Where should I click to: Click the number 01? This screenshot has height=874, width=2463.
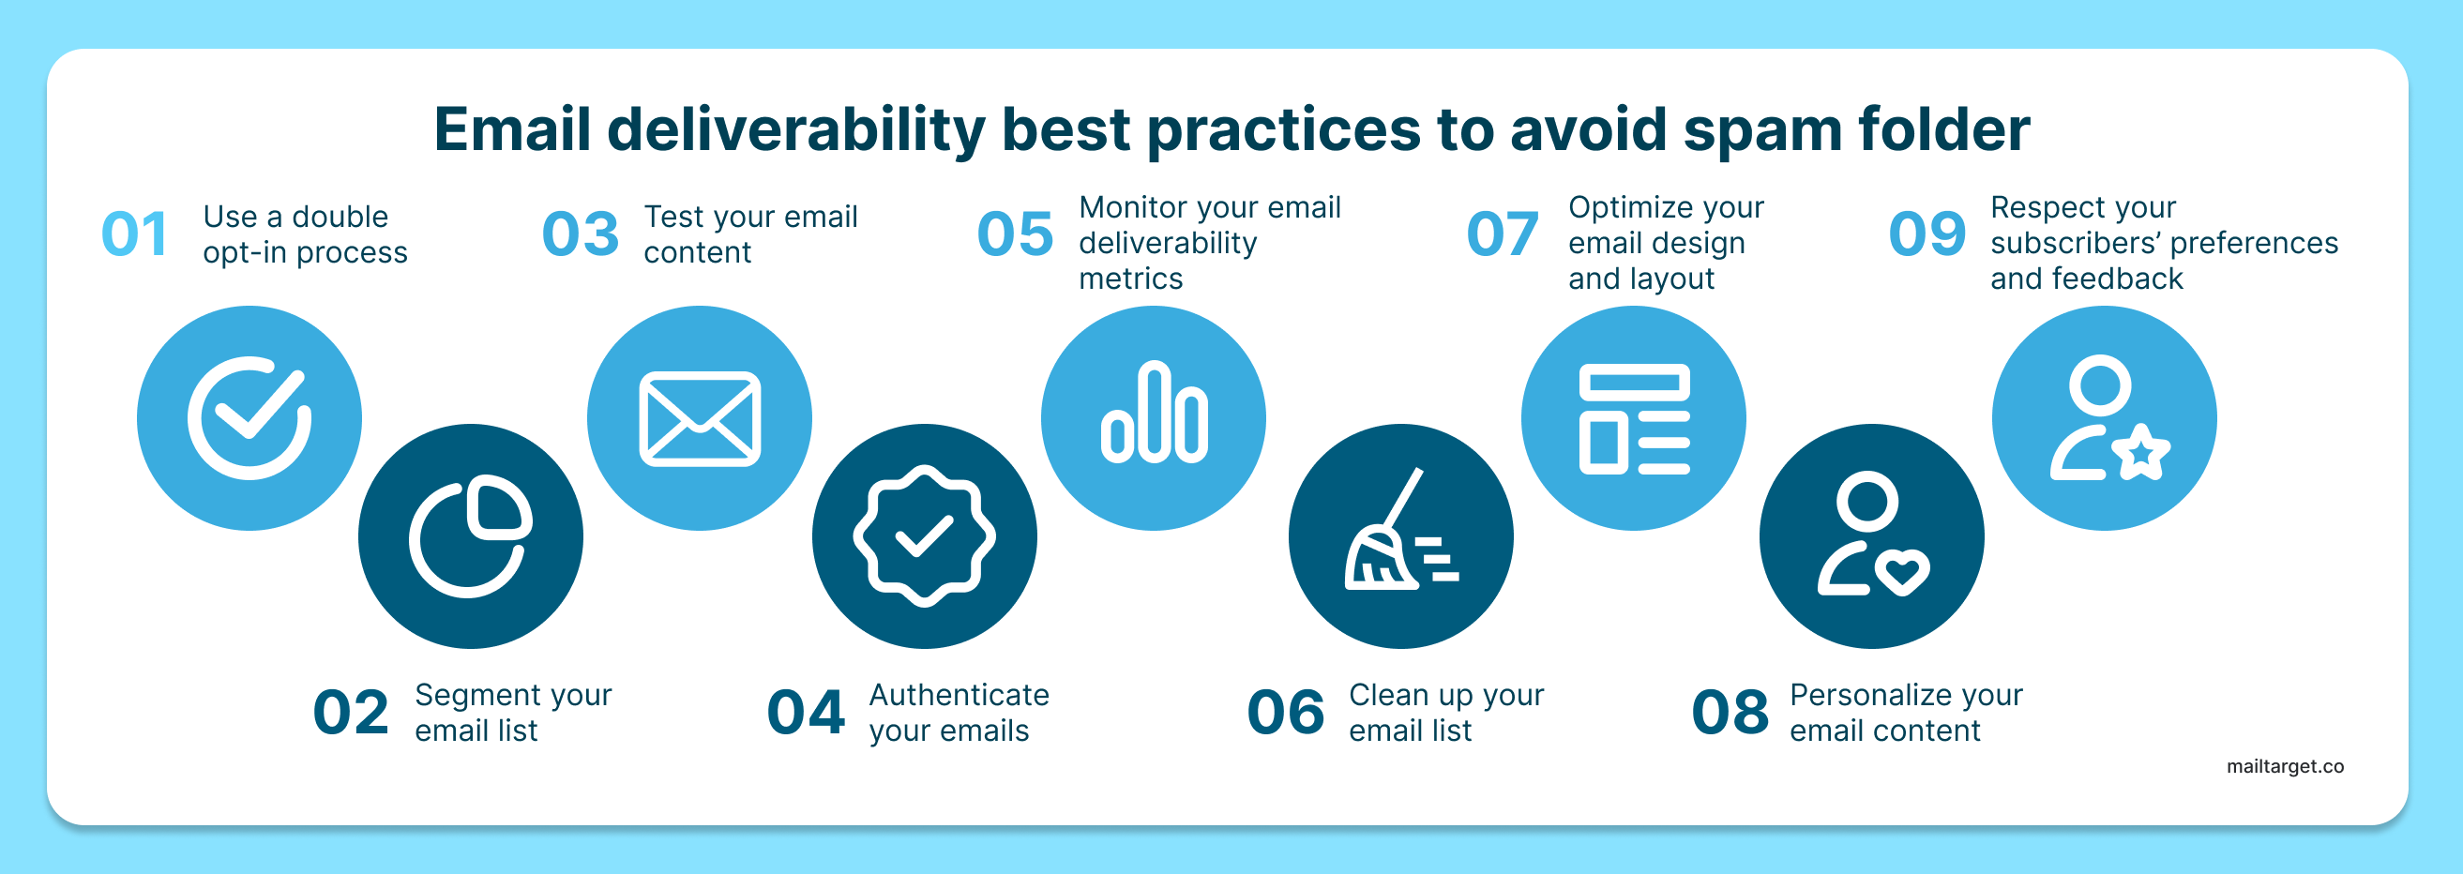(135, 234)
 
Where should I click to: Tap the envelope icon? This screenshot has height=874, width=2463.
(699, 419)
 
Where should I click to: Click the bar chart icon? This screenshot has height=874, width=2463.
(1153, 414)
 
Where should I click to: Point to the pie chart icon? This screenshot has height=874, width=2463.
(470, 535)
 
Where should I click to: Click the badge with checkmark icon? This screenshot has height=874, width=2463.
(924, 535)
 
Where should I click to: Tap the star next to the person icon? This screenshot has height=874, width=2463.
(2142, 452)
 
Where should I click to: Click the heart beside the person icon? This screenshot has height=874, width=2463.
(1902, 571)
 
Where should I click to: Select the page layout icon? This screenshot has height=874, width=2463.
(1633, 419)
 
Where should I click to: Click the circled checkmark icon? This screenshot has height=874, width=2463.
(249, 418)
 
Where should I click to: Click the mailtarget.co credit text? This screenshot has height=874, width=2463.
(2284, 766)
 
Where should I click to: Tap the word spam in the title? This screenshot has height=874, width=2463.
(1762, 130)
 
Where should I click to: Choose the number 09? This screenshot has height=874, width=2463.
(1927, 234)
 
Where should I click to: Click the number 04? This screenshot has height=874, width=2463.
(805, 713)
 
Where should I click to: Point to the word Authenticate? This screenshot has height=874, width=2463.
(958, 694)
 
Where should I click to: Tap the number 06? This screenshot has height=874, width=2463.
(1285, 713)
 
